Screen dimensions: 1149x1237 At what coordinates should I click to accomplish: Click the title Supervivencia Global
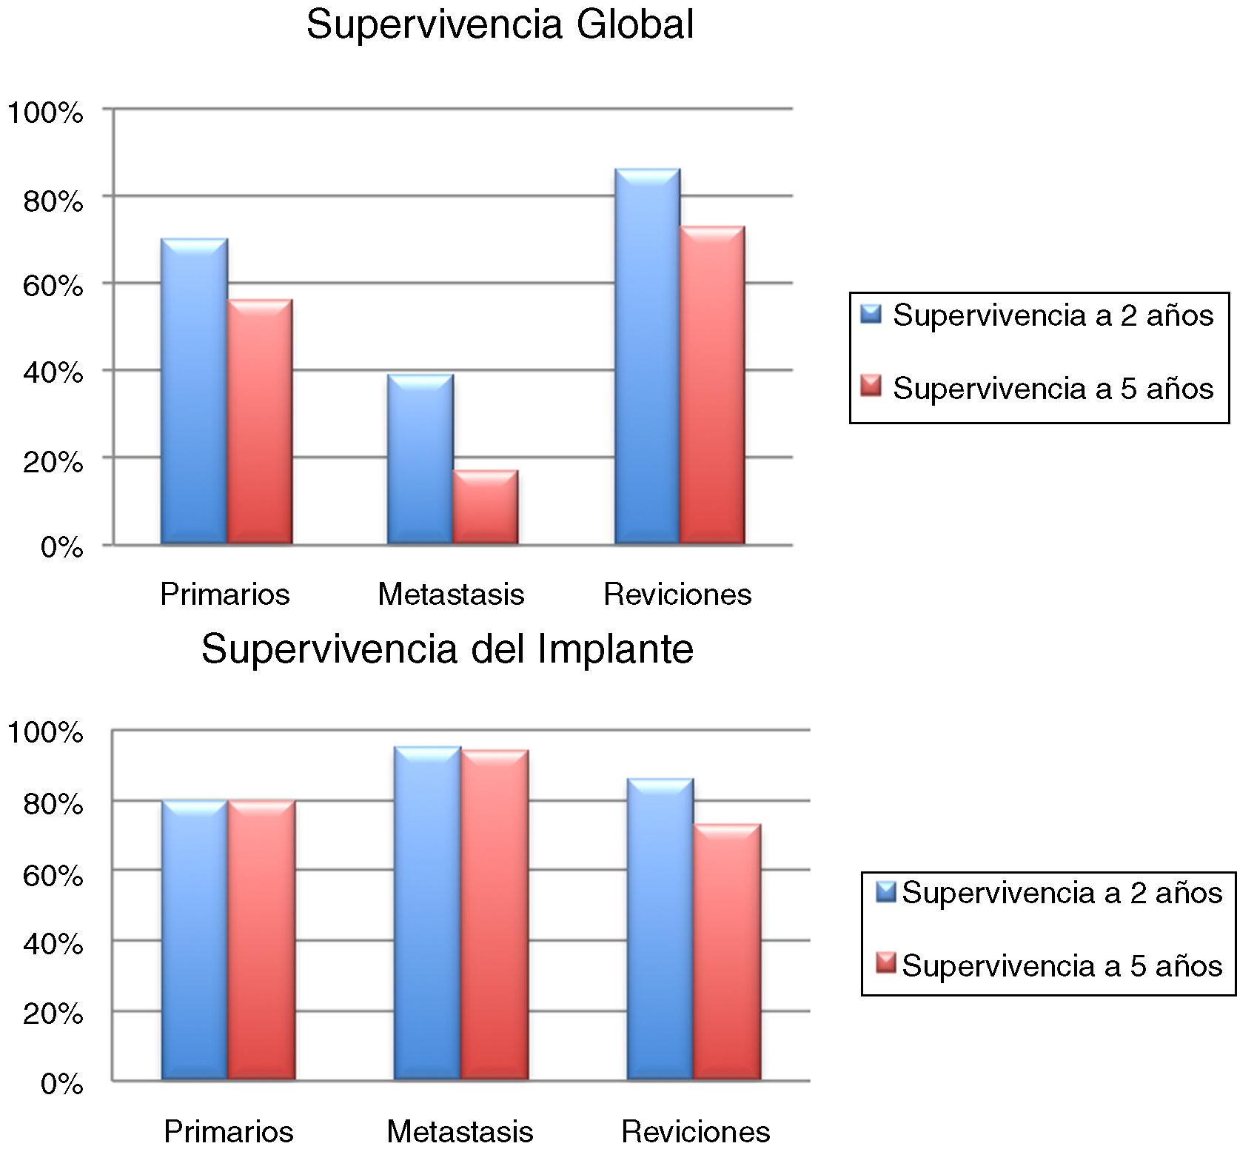tap(500, 25)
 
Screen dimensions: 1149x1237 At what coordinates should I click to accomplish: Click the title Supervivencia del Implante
tap(447, 649)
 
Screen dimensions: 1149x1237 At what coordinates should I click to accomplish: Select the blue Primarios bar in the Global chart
tap(194, 392)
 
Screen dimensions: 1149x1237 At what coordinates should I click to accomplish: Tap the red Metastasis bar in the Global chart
tap(486, 507)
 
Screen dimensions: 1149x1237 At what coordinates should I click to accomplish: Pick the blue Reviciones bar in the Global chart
tap(647, 357)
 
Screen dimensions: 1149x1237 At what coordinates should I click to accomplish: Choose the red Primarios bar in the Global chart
tap(259, 422)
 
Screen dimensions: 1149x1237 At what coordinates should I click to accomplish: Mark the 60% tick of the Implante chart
tap(53, 876)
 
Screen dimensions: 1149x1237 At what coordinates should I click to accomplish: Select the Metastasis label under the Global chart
tap(451, 594)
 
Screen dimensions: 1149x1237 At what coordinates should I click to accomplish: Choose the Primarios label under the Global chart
tap(225, 594)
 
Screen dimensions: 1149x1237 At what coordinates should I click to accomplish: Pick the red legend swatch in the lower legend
tap(885, 964)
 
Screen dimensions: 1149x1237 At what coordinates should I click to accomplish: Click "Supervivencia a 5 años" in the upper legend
tap(1053, 388)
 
